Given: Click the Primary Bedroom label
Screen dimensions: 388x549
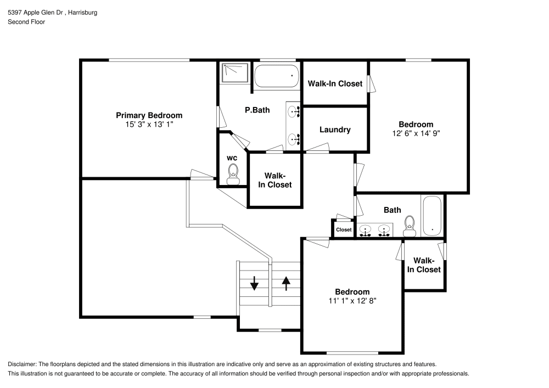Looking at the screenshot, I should pos(149,115).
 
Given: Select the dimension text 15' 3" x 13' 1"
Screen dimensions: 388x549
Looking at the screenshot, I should pos(149,125).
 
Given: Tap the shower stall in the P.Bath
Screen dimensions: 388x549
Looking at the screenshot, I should pos(236,72).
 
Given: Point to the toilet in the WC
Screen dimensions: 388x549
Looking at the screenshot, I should pos(233,173).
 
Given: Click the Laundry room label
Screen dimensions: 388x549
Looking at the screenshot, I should pos(335,130).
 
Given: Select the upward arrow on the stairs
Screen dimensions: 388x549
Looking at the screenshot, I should pos(286,283).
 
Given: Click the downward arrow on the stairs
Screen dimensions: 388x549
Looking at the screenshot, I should pos(254,283).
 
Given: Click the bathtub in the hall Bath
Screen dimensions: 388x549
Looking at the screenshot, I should pos(432,216).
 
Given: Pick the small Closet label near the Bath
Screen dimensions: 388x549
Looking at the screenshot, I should pos(344,229).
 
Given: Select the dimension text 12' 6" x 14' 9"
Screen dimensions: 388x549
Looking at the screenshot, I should pos(416,133).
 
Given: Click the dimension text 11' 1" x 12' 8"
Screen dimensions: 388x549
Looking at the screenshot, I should pos(352,301).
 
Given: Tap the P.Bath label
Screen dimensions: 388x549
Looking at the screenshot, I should pos(257,110).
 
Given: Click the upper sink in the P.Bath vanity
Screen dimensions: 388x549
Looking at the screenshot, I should pos(294,111).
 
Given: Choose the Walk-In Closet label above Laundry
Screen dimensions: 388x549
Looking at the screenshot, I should pos(335,83).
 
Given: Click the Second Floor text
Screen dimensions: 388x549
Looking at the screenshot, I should pos(26,22).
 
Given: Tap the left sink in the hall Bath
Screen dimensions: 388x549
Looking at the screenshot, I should pos(365,230).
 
